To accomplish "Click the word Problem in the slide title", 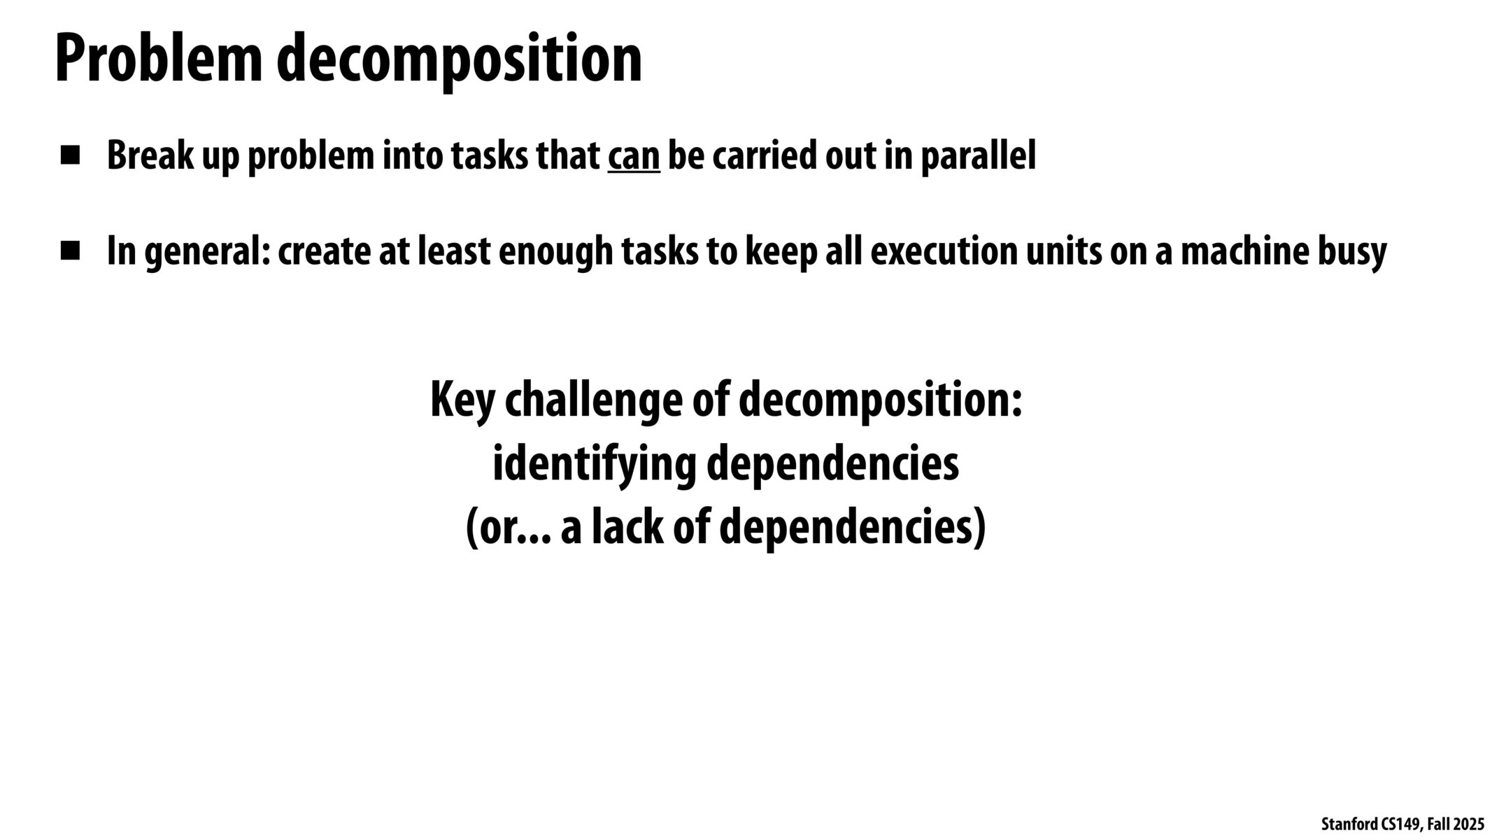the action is coord(159,59).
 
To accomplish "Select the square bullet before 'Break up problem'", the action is coord(70,155).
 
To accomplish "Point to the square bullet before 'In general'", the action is coord(70,251).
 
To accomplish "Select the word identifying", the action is coord(595,465).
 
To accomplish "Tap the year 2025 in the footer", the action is coord(1469,825).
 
